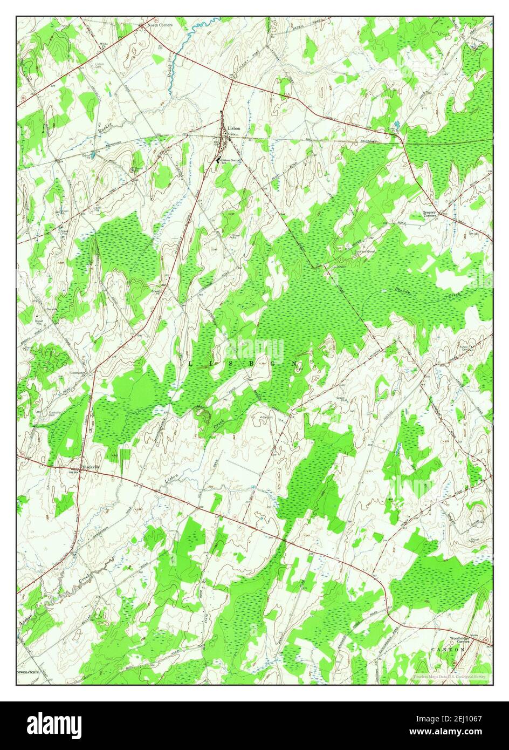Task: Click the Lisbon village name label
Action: [234, 128]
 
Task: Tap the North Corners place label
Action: [160, 25]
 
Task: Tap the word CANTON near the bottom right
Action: [447, 650]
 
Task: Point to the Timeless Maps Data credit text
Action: [450, 676]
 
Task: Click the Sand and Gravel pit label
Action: [364, 251]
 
